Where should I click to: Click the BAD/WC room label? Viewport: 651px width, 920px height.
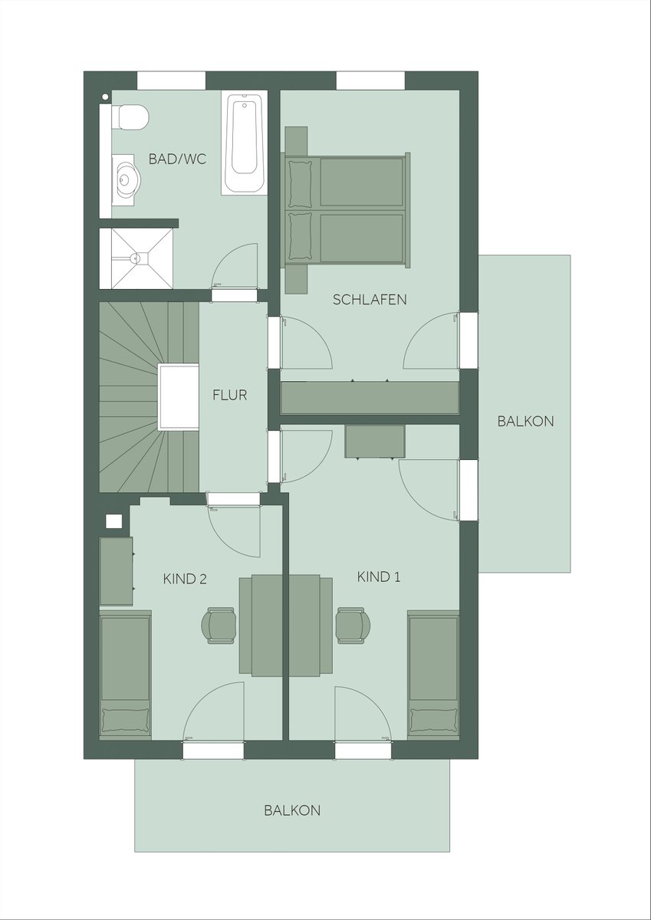177,159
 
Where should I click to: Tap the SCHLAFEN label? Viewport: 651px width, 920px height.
370,300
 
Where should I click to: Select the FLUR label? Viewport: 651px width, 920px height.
229,395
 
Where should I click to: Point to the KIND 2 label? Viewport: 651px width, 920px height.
185,579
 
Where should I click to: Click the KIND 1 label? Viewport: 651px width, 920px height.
379,577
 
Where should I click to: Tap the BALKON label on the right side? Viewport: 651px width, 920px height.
526,422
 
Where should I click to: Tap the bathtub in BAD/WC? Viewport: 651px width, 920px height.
245,143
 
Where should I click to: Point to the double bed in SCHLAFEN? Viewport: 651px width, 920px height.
345,210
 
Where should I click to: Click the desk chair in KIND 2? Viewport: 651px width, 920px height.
219,625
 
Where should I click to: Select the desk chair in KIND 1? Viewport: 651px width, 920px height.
353,625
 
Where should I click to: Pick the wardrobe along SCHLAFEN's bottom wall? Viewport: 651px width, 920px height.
370,398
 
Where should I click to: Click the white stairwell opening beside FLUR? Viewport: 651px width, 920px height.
179,397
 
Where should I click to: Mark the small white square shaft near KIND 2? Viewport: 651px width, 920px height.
114,521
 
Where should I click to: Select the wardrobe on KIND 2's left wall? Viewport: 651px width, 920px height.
117,571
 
